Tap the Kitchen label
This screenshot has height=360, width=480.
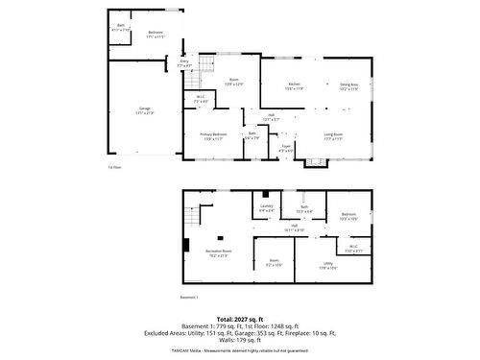click(x=295, y=85)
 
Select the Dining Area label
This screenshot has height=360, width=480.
click(x=348, y=85)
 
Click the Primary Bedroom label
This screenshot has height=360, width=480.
click(x=213, y=135)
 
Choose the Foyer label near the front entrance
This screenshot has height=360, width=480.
click(x=286, y=148)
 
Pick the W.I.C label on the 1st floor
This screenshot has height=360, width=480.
click(x=200, y=99)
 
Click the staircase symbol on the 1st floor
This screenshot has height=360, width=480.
click(x=203, y=67)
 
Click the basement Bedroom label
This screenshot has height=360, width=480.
click(x=348, y=216)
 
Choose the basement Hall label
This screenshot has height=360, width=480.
click(x=294, y=228)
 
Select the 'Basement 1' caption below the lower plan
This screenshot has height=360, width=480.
click(x=189, y=298)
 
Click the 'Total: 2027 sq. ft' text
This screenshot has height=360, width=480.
click(x=239, y=319)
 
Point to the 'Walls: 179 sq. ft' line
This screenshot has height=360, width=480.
click(x=239, y=340)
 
